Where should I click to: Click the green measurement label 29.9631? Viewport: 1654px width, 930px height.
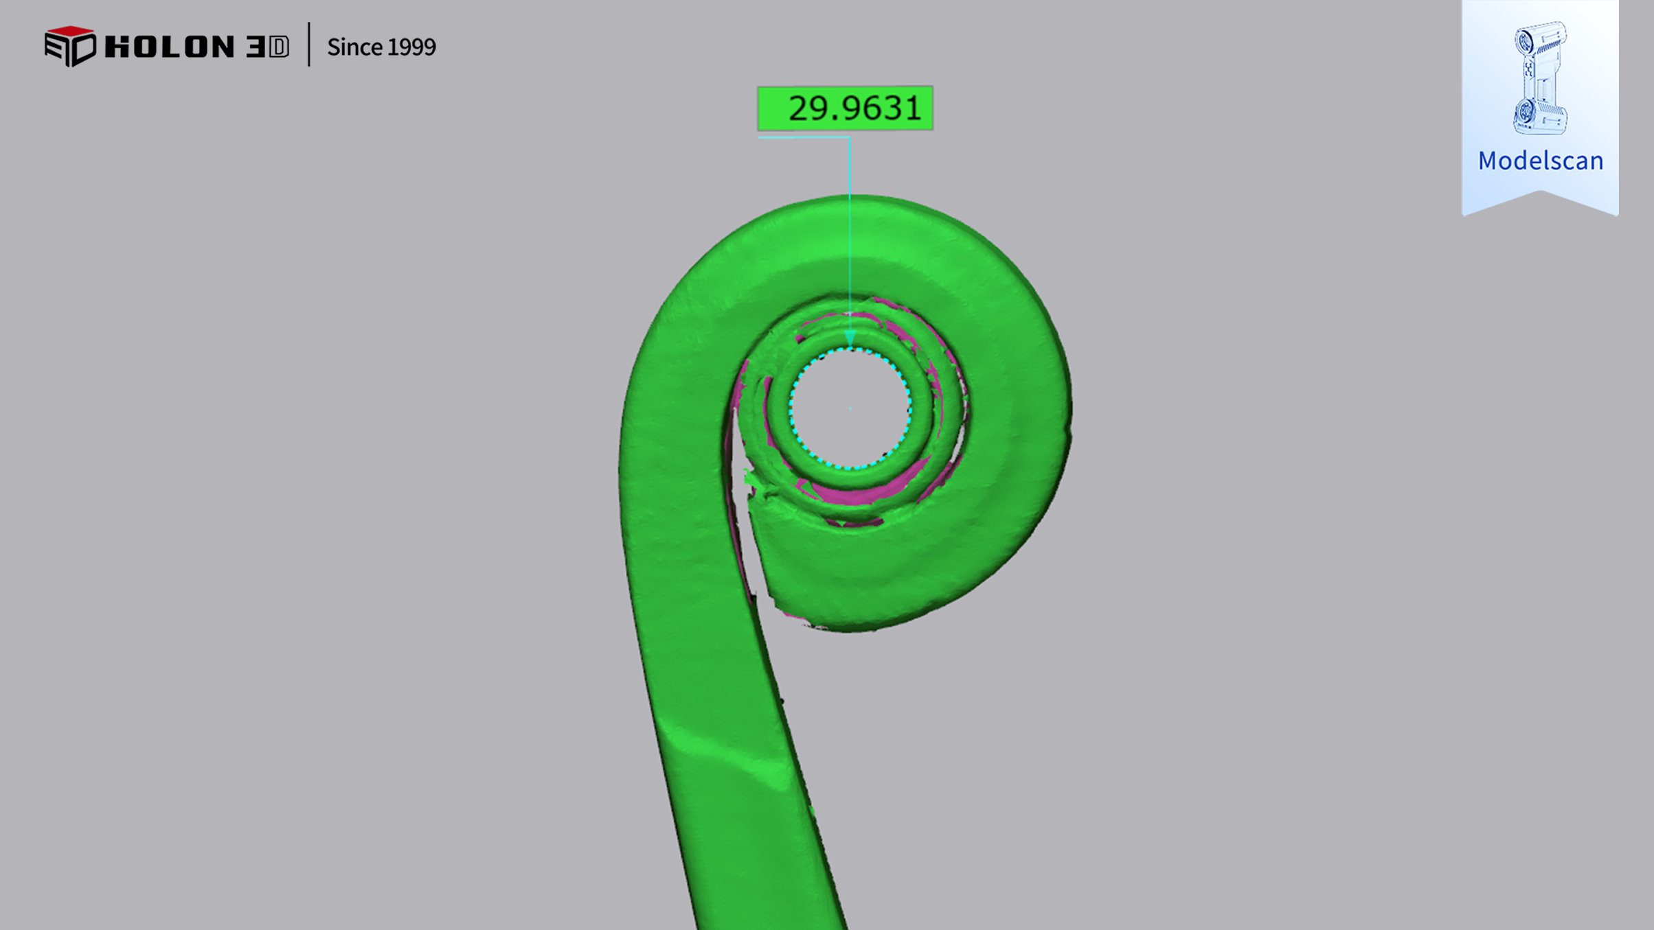[x=845, y=108]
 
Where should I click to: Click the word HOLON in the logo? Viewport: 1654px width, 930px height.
[x=170, y=47]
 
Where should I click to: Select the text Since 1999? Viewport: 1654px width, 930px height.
[x=381, y=47]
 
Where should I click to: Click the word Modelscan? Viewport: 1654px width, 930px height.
[x=1541, y=161]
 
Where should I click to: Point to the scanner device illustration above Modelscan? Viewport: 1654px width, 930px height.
[x=1540, y=78]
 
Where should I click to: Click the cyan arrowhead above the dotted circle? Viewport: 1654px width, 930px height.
[x=850, y=338]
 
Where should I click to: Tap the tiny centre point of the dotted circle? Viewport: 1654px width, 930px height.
[x=850, y=409]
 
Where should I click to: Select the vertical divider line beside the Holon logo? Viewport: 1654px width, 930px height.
[x=309, y=45]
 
